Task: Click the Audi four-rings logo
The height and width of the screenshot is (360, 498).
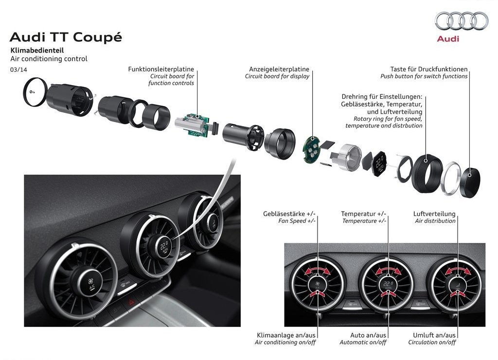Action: point(461,21)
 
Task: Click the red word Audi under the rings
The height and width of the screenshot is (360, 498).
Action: point(448,39)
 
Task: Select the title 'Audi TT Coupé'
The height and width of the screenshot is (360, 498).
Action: point(66,37)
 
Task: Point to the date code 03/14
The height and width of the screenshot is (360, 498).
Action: point(19,70)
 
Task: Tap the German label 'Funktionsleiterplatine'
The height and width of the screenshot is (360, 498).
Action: point(161,69)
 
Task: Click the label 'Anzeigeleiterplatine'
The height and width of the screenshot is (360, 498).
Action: point(279,69)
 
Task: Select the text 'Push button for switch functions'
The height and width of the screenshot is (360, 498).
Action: point(424,76)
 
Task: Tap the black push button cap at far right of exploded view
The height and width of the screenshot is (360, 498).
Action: point(470,183)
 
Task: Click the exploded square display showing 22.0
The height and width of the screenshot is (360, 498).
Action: point(379,164)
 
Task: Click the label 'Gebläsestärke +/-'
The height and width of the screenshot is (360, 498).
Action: point(289,214)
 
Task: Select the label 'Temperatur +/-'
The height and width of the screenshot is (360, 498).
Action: point(363,214)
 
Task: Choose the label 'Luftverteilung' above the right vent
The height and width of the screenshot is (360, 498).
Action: point(434,214)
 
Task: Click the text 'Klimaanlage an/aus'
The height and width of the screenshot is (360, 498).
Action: point(286,335)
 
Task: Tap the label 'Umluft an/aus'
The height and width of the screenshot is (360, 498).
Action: point(434,335)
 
